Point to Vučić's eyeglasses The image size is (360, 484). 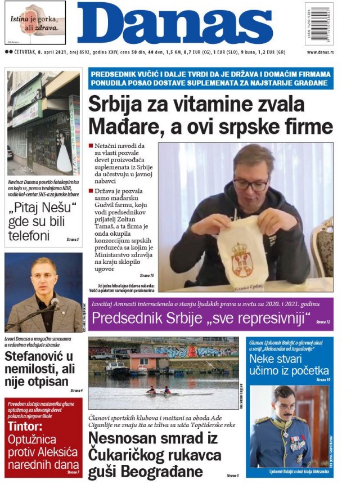251,183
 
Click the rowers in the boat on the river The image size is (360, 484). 158,390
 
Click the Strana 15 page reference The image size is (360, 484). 146,275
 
